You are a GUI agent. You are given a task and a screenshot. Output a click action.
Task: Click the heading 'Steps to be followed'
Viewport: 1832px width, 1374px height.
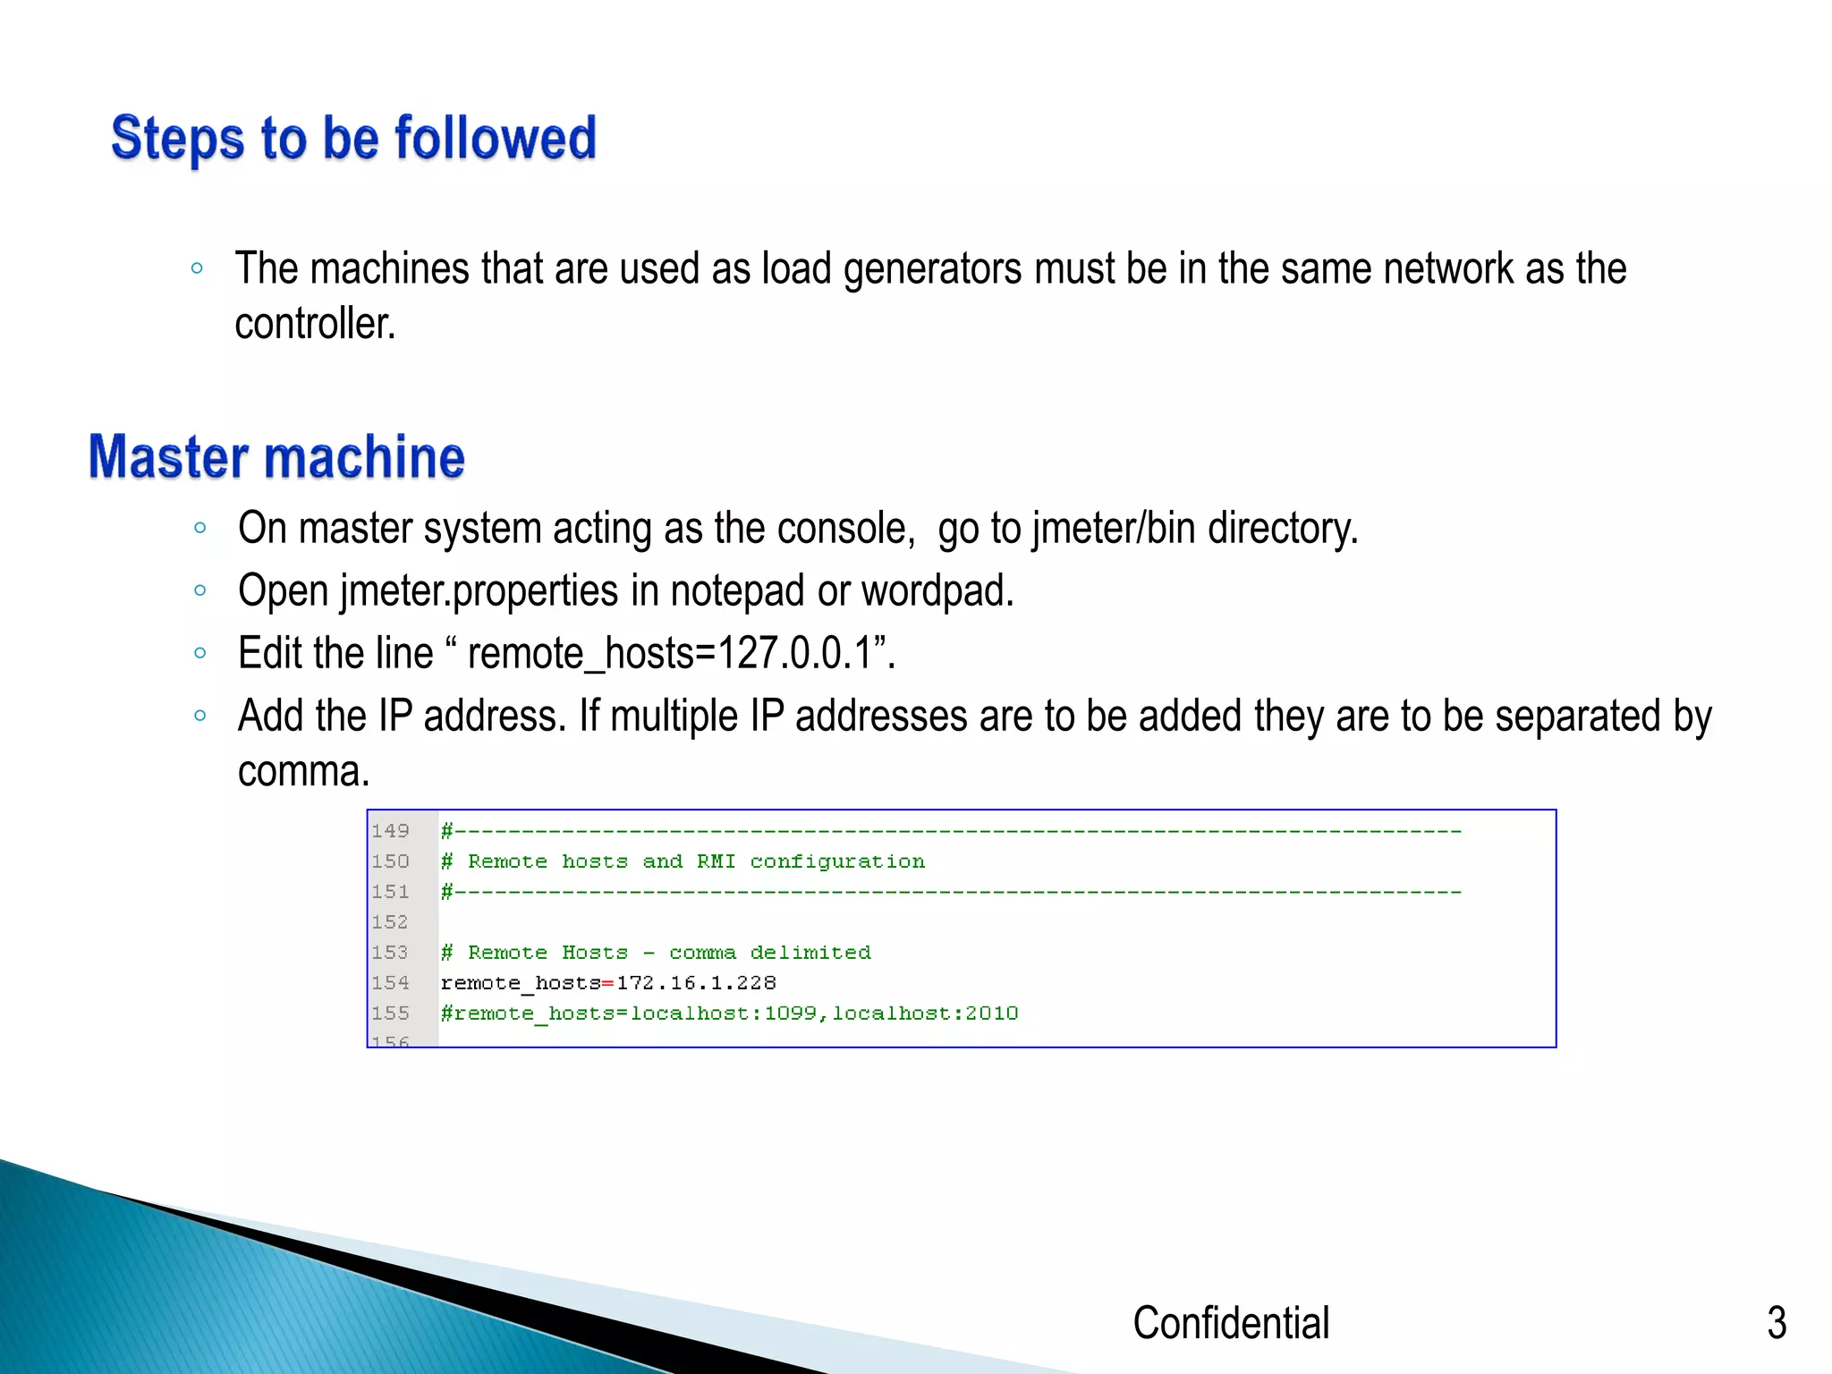tap(353, 139)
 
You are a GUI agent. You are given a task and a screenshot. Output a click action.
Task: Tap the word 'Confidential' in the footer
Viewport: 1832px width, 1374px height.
tap(1231, 1322)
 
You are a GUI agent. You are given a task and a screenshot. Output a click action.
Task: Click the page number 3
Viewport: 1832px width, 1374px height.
tap(1777, 1322)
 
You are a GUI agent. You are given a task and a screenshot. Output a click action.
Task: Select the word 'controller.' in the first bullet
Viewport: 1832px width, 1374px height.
tap(315, 324)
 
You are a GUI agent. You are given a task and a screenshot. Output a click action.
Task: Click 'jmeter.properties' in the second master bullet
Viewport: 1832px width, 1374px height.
tap(479, 591)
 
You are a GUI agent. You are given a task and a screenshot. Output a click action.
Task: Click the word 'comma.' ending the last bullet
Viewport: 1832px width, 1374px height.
tap(303, 771)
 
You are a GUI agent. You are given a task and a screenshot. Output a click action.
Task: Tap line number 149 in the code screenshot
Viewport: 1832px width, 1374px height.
tap(390, 831)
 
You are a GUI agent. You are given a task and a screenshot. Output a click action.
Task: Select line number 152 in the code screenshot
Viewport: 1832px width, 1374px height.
tap(390, 922)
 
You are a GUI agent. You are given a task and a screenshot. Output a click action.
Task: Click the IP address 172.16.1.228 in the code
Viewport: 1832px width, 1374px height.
tap(696, 983)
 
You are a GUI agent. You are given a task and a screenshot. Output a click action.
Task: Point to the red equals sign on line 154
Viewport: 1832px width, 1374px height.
tap(608, 984)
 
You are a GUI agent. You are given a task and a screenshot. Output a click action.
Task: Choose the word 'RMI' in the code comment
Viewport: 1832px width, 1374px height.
tap(717, 861)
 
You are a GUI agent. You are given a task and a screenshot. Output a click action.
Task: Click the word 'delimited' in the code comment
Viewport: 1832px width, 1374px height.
tap(810, 953)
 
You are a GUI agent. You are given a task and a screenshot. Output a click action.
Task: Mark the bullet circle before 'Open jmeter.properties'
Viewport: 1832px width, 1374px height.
tap(200, 590)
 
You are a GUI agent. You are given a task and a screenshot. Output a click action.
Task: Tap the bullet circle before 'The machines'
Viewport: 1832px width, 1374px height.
tap(198, 268)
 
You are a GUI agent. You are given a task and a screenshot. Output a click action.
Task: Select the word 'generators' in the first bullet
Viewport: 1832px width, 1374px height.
tap(932, 269)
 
